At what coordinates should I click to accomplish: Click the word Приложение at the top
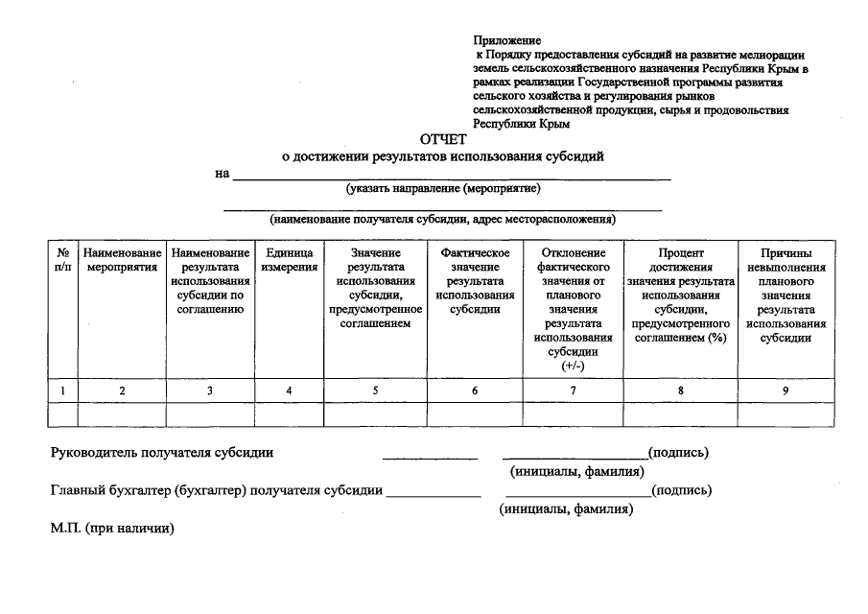point(506,40)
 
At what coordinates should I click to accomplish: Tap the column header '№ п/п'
point(63,260)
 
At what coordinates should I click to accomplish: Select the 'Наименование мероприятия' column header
point(122,260)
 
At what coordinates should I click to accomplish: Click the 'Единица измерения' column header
point(290,260)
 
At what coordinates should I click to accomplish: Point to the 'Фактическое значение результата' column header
point(475,280)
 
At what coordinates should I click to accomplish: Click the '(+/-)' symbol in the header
point(573,366)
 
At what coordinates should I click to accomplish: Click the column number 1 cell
point(63,390)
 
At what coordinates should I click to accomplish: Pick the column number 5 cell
point(375,390)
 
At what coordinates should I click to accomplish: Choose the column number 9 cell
point(785,390)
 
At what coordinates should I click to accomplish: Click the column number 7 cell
point(573,390)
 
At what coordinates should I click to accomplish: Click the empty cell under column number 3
point(210,414)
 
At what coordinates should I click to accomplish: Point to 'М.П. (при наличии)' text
point(115,529)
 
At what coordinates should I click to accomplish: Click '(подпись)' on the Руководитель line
point(678,453)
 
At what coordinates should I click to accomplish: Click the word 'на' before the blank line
point(223,174)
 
